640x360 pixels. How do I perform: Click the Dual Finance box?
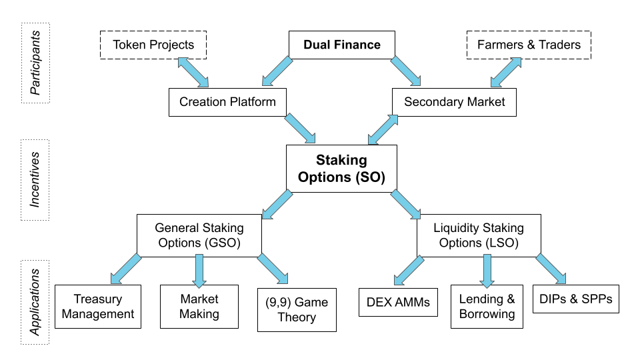(x=342, y=45)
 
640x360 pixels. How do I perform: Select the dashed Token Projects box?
(x=153, y=45)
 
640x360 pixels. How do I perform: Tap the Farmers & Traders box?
(x=529, y=45)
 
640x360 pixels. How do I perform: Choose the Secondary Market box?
(x=455, y=102)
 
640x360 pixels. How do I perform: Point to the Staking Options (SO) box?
(x=341, y=169)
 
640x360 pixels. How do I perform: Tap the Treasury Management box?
(x=98, y=306)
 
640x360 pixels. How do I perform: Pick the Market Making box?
(x=199, y=306)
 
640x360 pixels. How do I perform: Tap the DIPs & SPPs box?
(x=576, y=298)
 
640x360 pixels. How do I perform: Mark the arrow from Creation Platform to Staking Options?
(x=301, y=129)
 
